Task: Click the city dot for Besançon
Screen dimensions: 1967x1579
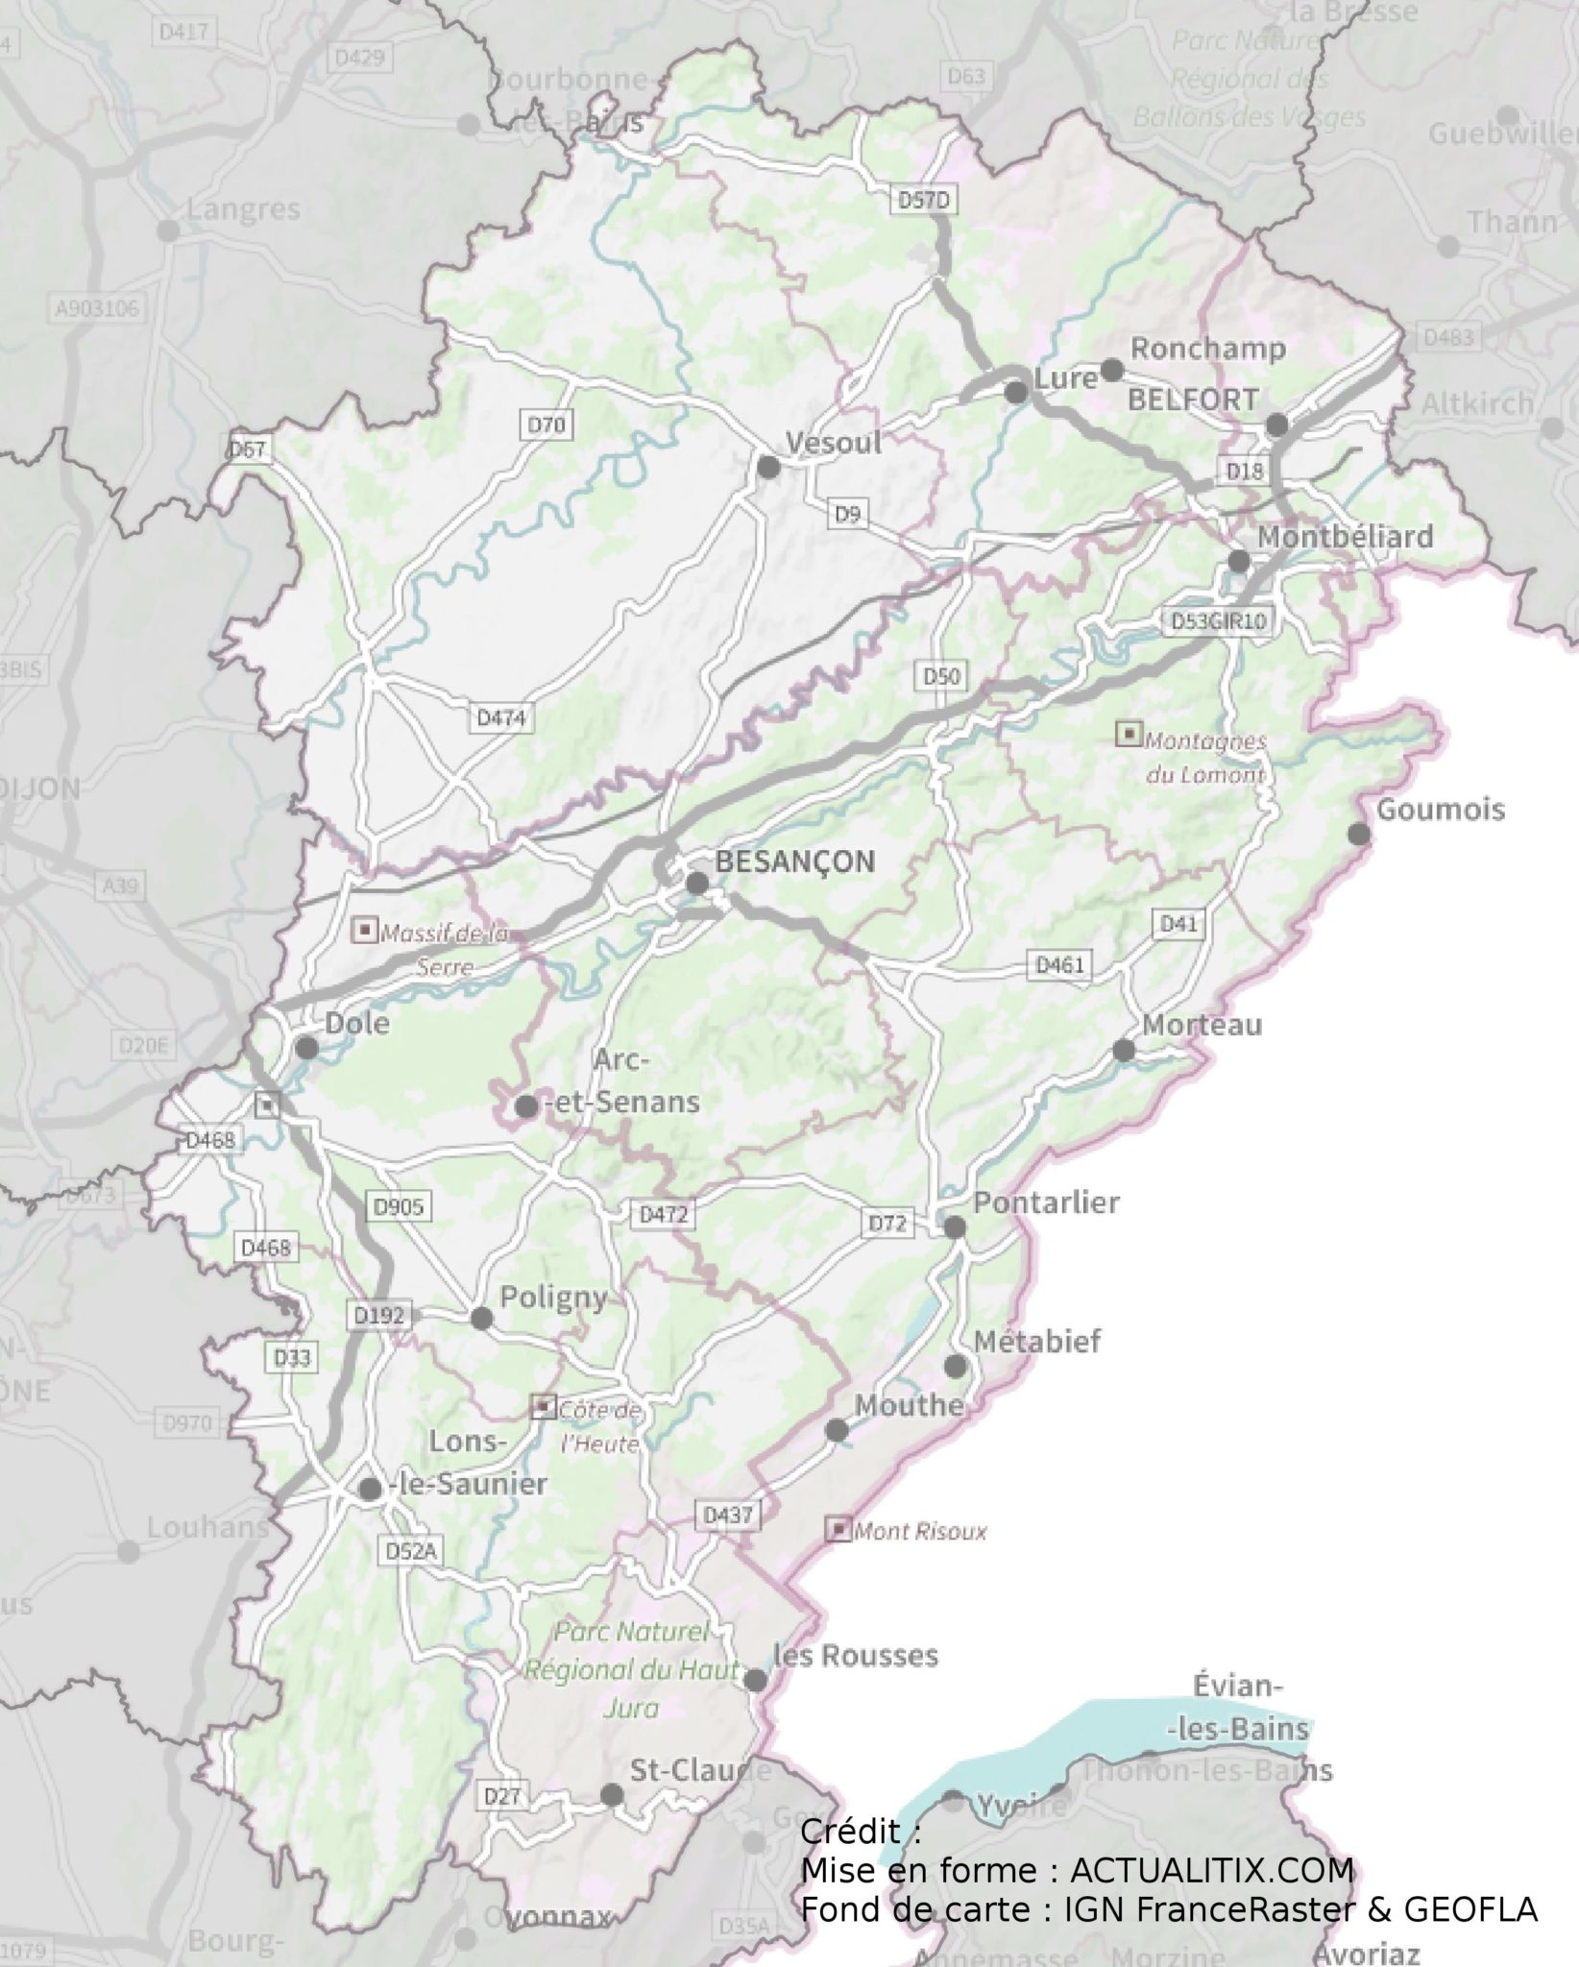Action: pyautogui.click(x=697, y=883)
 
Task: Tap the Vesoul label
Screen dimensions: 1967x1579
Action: pyautogui.click(x=833, y=444)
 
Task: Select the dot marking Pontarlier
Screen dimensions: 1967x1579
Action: pyautogui.click(x=954, y=1227)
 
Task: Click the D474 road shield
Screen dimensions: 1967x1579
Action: pyautogui.click(x=501, y=717)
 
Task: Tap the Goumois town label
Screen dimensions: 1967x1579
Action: pyautogui.click(x=1441, y=810)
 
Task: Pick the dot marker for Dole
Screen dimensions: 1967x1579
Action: pyautogui.click(x=306, y=1048)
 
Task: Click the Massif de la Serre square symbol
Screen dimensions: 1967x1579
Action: pyautogui.click(x=365, y=930)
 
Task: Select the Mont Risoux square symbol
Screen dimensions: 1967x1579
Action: pyautogui.click(x=839, y=1529)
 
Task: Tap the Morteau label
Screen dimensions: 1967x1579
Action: pyautogui.click(x=1202, y=1025)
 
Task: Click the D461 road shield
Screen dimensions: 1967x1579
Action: pyautogui.click(x=1059, y=964)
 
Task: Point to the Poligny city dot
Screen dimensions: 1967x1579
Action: pyautogui.click(x=481, y=1320)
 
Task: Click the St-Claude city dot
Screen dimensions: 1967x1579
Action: pyautogui.click(x=611, y=1794)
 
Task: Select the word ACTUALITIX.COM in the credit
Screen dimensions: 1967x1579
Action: pyautogui.click(x=1212, y=1871)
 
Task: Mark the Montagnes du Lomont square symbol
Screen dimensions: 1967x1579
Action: pyautogui.click(x=1128, y=735)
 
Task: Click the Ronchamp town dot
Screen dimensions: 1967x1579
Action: pyautogui.click(x=1111, y=370)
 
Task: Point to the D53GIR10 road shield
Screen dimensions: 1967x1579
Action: pyautogui.click(x=1218, y=621)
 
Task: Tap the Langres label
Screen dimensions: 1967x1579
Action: pyautogui.click(x=243, y=209)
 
